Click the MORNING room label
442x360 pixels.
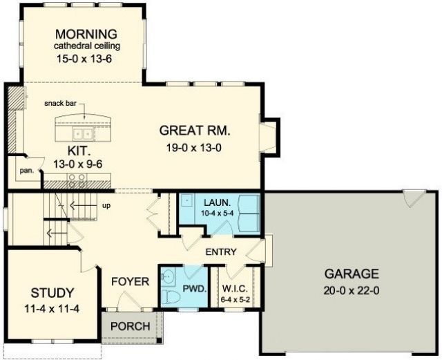pos(86,34)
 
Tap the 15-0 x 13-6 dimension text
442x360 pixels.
pos(84,59)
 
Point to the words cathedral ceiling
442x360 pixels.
pos(87,46)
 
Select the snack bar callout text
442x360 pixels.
pos(60,103)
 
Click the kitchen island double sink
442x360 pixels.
pos(83,133)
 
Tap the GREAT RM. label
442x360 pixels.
pos(195,131)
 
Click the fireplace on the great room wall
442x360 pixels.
pos(269,137)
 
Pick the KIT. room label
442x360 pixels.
pos(79,151)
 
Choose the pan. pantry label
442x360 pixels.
pos(27,171)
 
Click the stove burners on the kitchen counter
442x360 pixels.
pos(77,180)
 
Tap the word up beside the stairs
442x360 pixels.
pos(106,206)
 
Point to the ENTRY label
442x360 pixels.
pos(221,252)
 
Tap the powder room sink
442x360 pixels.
pos(168,275)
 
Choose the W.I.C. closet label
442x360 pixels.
pos(235,289)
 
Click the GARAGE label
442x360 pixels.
pos(352,274)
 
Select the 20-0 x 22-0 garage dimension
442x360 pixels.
pos(352,291)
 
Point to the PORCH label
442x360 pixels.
pos(131,326)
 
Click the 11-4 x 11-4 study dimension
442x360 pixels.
pos(52,309)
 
